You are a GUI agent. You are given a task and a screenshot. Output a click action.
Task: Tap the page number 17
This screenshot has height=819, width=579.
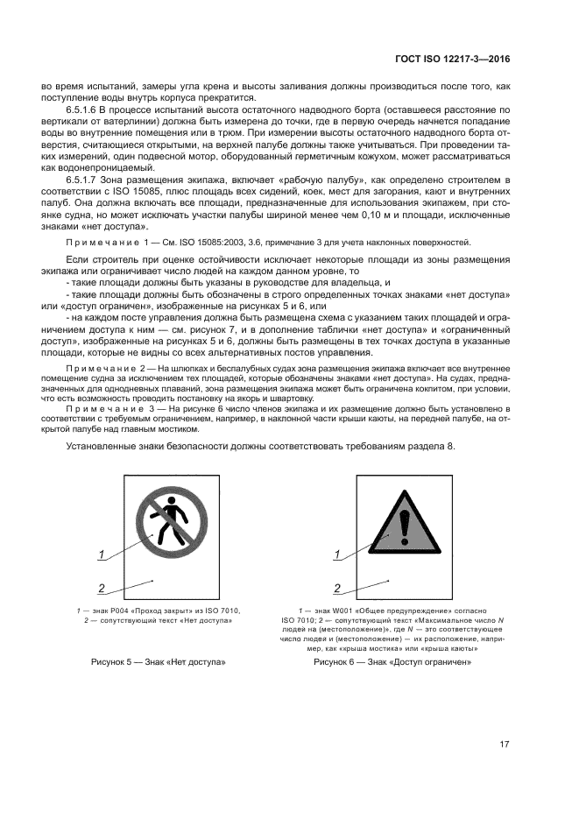pyautogui.click(x=505, y=745)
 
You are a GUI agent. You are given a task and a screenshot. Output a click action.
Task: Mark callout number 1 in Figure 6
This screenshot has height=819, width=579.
pyautogui.click(x=336, y=554)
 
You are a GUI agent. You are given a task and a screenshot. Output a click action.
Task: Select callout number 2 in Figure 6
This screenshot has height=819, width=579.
pyautogui.click(x=336, y=589)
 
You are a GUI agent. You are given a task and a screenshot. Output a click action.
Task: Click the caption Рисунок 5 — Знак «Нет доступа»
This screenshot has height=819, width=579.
pyautogui.click(x=159, y=662)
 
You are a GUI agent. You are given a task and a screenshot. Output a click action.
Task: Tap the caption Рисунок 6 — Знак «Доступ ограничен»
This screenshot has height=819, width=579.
pyautogui.click(x=393, y=662)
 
